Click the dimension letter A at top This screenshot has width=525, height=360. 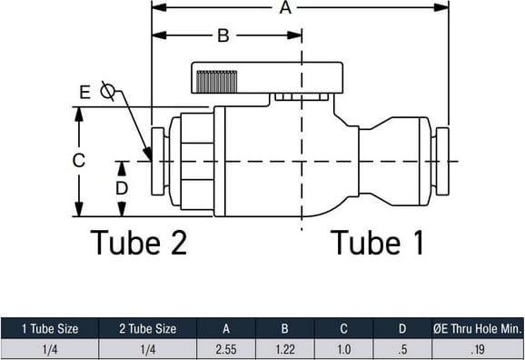(285, 7)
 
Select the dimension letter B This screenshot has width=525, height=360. (223, 35)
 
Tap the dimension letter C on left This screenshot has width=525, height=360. (79, 161)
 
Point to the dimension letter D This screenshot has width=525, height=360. (122, 188)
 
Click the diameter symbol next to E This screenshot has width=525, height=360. (107, 91)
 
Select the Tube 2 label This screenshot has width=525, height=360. (139, 243)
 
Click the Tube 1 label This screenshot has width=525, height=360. (377, 243)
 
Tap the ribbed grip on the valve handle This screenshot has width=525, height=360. (216, 82)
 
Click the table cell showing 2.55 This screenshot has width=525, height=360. (226, 350)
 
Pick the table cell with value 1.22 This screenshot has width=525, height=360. (285, 350)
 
